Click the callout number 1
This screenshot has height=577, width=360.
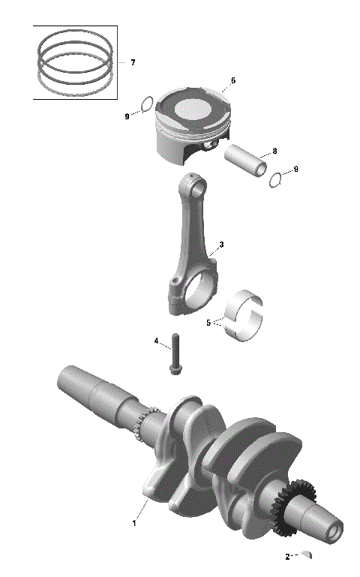tap(135, 522)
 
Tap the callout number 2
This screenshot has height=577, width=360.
tap(287, 557)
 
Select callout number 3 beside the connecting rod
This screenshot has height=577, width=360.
tap(221, 245)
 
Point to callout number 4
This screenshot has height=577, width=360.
tap(157, 341)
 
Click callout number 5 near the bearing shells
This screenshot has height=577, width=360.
tap(209, 323)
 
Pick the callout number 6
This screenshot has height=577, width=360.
tap(233, 80)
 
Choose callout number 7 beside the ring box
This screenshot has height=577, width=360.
tap(133, 62)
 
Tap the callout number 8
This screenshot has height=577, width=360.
tap(274, 151)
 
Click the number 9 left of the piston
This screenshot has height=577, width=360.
tap(127, 116)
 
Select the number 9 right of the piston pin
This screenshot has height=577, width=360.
tap(295, 170)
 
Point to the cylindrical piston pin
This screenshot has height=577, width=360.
tap(246, 163)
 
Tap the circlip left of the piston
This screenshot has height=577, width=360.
tap(148, 104)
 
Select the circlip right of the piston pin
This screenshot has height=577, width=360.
tap(276, 179)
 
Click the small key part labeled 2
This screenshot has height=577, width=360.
tap(305, 555)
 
